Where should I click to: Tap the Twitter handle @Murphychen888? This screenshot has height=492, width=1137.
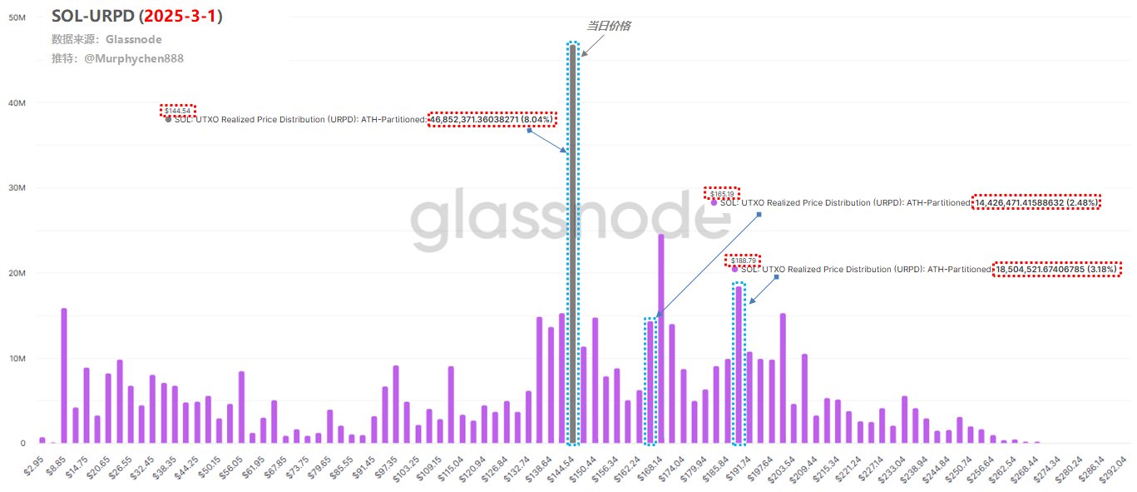[x=134, y=59]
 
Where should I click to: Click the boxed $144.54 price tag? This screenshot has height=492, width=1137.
[x=177, y=110]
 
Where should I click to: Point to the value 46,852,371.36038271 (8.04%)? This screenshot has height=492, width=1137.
[x=492, y=119]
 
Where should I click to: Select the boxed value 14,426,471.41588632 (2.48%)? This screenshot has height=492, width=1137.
[x=1036, y=202]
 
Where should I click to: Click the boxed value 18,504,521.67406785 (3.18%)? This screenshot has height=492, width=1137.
[x=1056, y=270]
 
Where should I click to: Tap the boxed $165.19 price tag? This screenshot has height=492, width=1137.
[x=721, y=193]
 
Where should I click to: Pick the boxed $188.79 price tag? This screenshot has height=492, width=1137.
[x=742, y=261]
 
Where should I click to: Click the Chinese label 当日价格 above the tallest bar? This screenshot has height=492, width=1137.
[x=608, y=26]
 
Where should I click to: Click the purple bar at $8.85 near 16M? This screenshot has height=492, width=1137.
[x=64, y=375]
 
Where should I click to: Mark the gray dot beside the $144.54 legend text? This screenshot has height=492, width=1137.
[x=168, y=119]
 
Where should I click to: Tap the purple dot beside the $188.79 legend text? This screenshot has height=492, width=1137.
[x=734, y=269]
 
